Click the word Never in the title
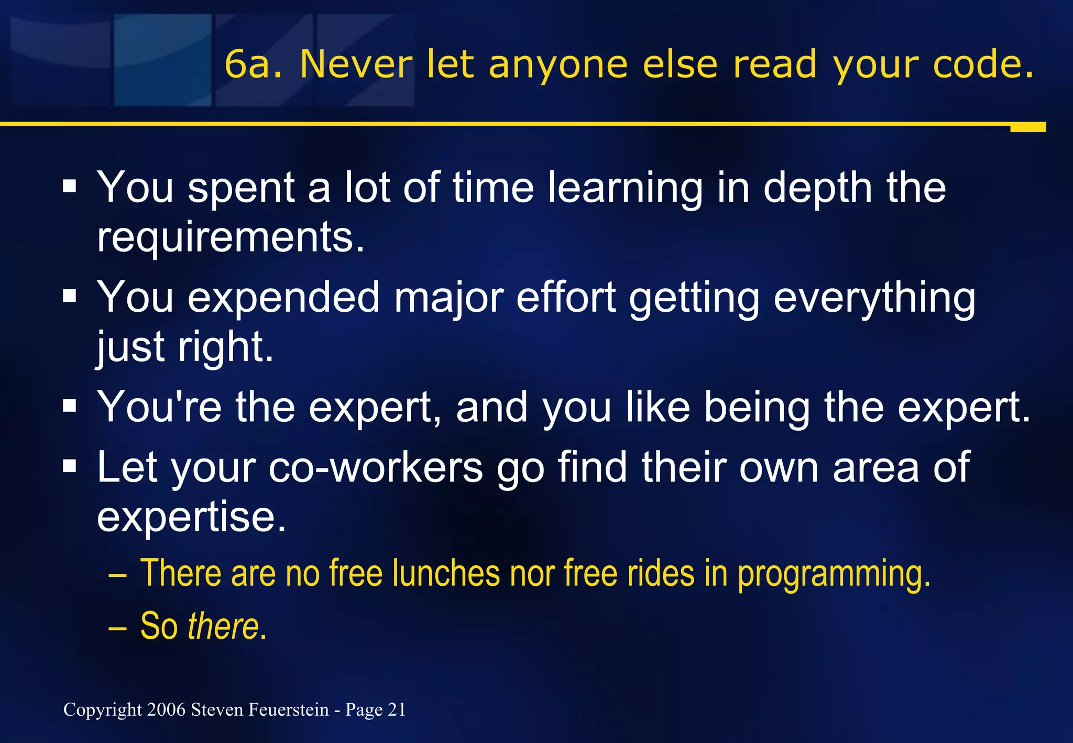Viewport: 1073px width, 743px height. pos(356,65)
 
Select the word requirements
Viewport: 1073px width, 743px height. pos(231,237)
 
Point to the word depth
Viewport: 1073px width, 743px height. pos(818,189)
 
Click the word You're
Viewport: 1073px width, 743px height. pos(159,407)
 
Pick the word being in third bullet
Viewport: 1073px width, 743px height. pos(757,407)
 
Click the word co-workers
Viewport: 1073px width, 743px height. pos(375,467)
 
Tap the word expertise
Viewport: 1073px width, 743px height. pos(191,517)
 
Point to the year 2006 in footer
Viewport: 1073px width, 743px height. pos(166,710)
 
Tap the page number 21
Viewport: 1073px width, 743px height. pos(397,710)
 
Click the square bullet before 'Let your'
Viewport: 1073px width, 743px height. pos(69,465)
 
